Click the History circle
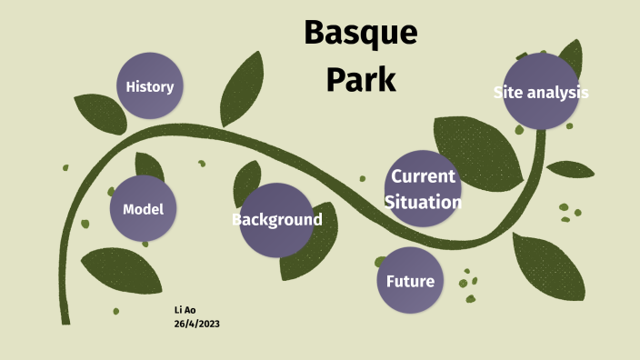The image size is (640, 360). pos(150,87)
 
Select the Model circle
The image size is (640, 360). pos(143,209)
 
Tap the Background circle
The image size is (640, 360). pos(276,220)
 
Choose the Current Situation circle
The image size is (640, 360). pos(422,188)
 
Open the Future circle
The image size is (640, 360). pos(410,280)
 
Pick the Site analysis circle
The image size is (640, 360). pos(541,92)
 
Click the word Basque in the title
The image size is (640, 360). pos(360,33)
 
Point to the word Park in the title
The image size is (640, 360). pos(361,79)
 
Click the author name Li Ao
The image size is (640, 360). pos(185,310)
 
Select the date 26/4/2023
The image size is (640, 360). pos(196,324)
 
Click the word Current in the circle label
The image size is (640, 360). pos(423,176)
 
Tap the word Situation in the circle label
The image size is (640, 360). pos(423,202)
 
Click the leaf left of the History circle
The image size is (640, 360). pos(97,113)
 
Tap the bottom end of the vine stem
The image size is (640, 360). pos(65,318)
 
